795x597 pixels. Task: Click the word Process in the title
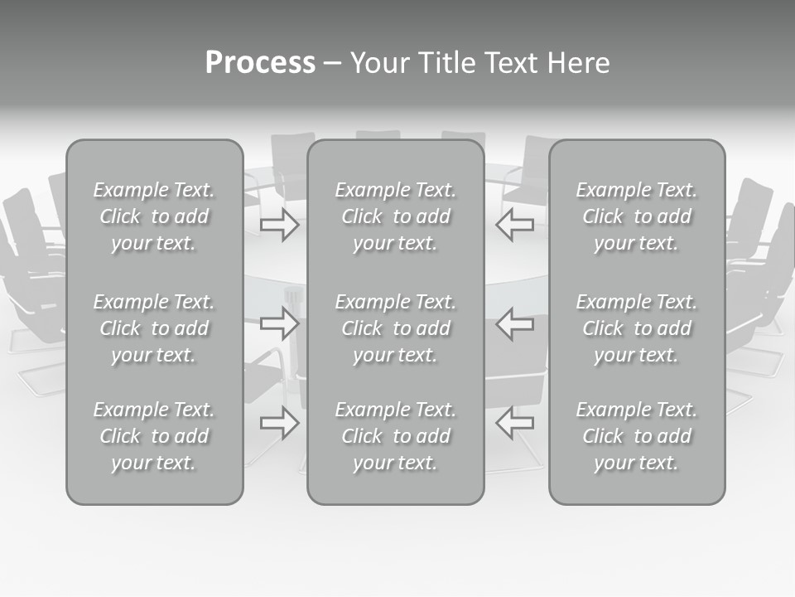point(260,63)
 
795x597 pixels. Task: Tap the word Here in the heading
point(577,63)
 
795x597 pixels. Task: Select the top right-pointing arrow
point(280,225)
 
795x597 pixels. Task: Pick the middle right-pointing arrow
point(280,323)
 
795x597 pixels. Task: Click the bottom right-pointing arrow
point(280,423)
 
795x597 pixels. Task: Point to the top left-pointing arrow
point(514,225)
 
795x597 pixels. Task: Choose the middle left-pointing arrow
point(514,323)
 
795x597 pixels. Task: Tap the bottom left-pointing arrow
point(514,423)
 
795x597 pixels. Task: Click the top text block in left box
point(154,216)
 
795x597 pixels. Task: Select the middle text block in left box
point(154,328)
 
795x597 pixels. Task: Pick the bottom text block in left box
point(154,436)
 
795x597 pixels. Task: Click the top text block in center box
point(395,216)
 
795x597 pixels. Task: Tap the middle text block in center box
point(395,328)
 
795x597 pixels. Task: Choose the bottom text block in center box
point(395,436)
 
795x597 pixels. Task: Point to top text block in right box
point(636,216)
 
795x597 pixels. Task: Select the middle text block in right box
point(636,328)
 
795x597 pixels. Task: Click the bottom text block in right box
point(636,436)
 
